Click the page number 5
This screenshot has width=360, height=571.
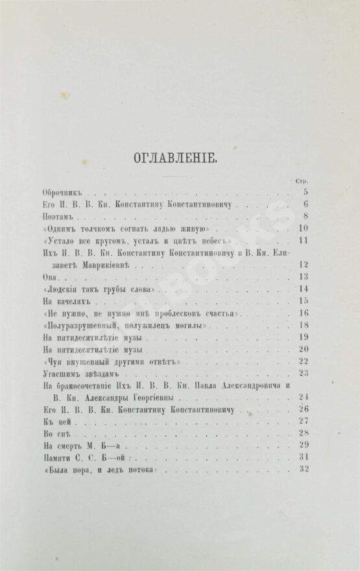pyautogui.click(x=304, y=192)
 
